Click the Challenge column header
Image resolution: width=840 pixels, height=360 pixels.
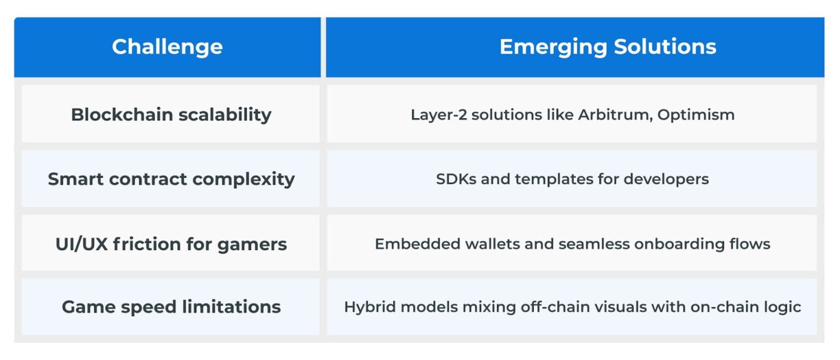167,47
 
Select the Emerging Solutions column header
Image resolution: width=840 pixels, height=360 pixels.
608,47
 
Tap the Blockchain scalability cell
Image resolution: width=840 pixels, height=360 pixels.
171,115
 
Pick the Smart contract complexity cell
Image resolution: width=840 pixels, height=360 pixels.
171,179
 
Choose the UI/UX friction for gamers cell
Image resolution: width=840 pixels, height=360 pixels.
171,243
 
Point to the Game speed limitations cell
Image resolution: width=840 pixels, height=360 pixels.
171,306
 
